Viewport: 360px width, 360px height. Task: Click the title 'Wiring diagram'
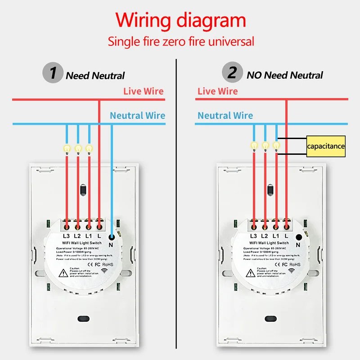[180, 21]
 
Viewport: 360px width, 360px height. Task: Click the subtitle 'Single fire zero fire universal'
[180, 42]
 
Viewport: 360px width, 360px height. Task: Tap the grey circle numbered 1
[53, 73]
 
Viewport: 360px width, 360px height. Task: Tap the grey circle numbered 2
[232, 73]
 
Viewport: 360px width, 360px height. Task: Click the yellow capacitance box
[326, 146]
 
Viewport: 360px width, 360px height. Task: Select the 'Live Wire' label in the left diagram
[144, 91]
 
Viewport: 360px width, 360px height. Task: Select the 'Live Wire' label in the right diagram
[217, 91]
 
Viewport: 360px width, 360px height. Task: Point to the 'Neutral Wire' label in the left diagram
[137, 116]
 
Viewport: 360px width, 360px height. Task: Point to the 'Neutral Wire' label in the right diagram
[225, 116]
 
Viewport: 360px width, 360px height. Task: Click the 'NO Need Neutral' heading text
[284, 75]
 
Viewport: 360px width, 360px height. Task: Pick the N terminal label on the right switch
[297, 244]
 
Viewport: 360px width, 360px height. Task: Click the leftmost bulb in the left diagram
[67, 148]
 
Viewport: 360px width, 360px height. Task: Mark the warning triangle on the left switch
[63, 272]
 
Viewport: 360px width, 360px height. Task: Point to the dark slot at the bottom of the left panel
[83, 319]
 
